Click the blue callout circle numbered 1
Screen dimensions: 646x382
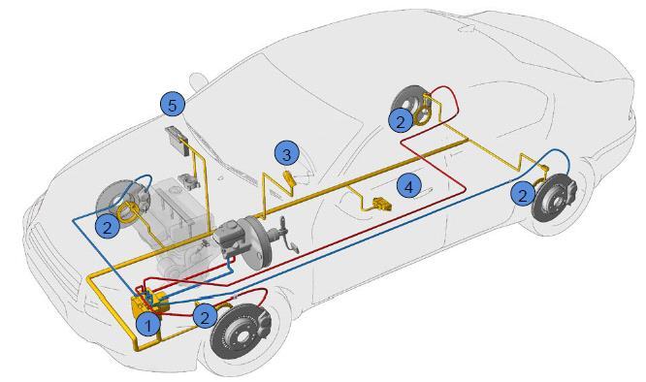pos(147,325)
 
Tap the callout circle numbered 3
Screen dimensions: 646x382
pos(287,154)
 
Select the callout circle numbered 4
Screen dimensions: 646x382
pos(408,186)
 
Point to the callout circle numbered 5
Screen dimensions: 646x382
pos(173,105)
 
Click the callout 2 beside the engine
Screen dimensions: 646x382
pos(107,226)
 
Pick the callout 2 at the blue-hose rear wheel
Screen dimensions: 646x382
pos(523,194)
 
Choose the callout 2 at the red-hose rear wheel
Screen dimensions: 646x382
pos(401,120)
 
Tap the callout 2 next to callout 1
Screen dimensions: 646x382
pos(206,316)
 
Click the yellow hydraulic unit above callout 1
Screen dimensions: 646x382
pos(148,303)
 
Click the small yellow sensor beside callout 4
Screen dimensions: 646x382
pos(380,205)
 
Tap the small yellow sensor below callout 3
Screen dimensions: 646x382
pos(289,178)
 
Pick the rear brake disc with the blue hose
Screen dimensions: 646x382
pos(555,198)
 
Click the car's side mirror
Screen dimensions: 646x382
pos(199,80)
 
